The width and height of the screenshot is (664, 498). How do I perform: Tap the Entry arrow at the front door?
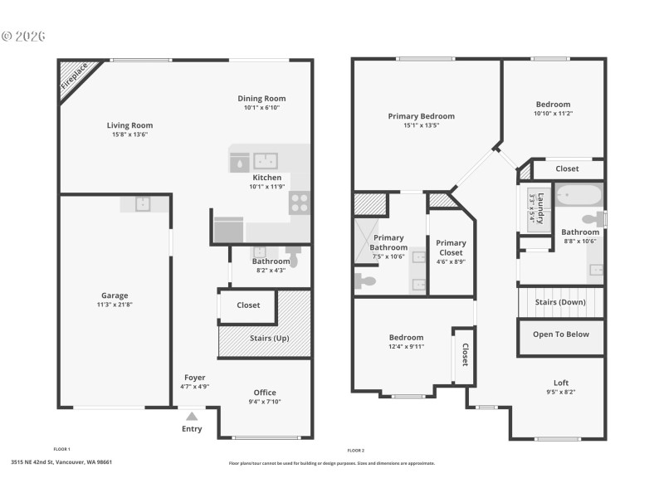coord(192,417)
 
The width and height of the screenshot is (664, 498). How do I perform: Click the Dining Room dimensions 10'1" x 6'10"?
coord(261,108)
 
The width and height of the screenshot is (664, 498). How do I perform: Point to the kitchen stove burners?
coord(299,203)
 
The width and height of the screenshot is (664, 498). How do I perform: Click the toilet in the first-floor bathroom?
coord(293,250)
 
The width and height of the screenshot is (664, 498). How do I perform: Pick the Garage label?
coord(115,295)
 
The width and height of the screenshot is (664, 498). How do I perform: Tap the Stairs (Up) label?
coord(270,339)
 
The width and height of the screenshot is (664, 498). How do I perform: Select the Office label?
coord(265,393)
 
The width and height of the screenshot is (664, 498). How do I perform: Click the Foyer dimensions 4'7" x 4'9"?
coord(194,387)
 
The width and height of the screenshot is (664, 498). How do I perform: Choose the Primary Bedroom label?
coord(421,116)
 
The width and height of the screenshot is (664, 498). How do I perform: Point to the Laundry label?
coord(539,207)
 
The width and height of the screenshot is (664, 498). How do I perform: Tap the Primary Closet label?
coord(451,247)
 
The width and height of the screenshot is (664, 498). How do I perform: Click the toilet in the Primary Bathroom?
coord(364,281)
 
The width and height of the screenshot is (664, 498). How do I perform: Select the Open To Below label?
coord(561,334)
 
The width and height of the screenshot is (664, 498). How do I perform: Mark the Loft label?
coord(560,383)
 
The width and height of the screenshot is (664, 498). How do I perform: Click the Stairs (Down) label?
coord(560,302)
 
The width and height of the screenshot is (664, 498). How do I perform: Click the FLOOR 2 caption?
coord(355,449)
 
